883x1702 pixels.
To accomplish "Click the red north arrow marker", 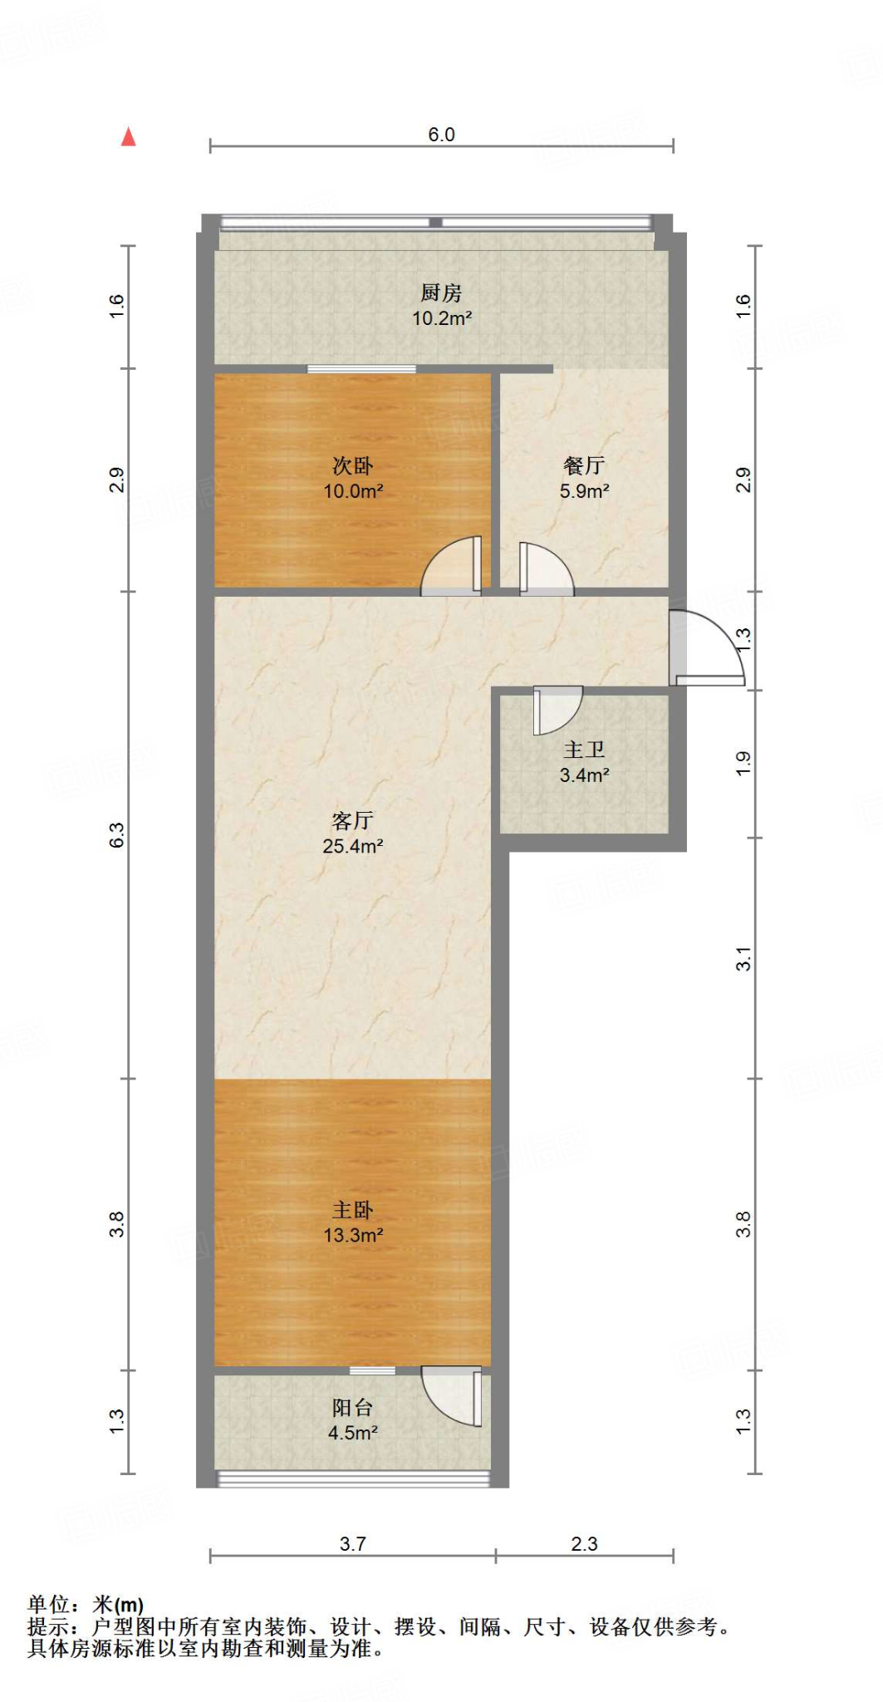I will (128, 137).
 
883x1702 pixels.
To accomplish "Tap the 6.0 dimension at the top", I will (441, 135).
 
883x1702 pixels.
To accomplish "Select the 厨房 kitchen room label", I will (441, 293).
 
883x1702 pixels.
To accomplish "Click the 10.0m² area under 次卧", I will (353, 491).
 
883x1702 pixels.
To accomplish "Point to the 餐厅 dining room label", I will (584, 465).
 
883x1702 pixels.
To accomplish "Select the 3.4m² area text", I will (584, 775).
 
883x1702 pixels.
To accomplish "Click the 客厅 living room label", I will (352, 821).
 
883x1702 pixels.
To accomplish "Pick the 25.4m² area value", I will (352, 847).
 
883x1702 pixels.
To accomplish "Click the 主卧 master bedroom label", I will (352, 1210).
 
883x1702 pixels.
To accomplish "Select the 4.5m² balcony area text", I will (352, 1433).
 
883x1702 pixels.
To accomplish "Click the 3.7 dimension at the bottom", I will (352, 1544).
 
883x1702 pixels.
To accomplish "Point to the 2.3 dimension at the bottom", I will (584, 1544).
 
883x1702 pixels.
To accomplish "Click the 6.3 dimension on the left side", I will (117, 834).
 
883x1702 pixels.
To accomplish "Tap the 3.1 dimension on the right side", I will (743, 958).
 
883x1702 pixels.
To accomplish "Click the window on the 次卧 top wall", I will (361, 369).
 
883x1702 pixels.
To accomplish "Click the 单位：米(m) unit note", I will (86, 1605).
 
